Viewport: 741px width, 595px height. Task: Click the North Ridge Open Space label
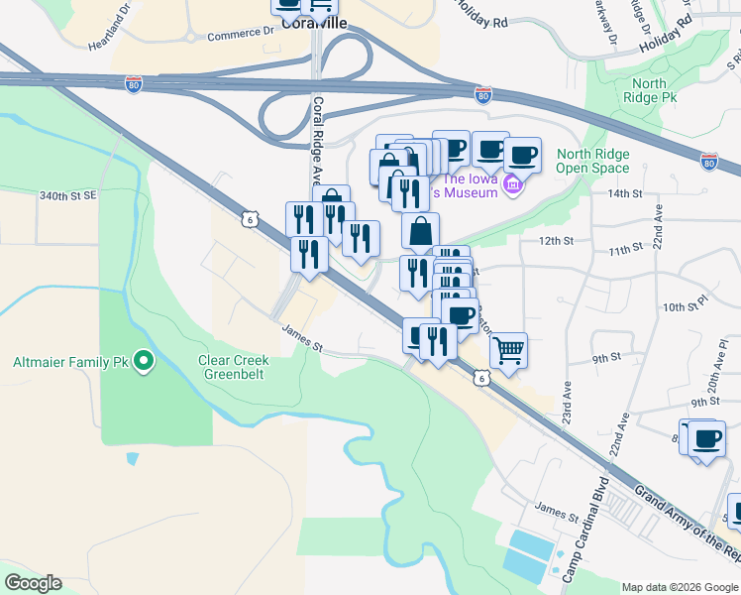tap(592, 161)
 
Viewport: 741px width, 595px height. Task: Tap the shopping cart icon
tap(508, 350)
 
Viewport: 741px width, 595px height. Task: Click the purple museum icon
tap(513, 184)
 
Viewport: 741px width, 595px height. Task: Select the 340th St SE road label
tap(68, 196)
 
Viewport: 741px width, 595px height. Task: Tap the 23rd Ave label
tap(567, 398)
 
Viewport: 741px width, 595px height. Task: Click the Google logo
tap(33, 583)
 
